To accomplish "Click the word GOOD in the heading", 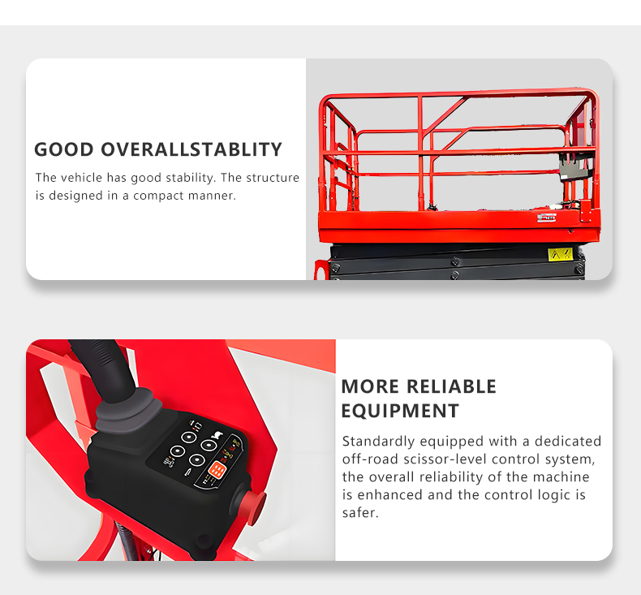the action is (x=64, y=149).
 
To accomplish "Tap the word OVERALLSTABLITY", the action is (x=191, y=149).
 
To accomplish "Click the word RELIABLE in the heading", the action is (x=451, y=386).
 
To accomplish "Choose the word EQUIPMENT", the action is (x=400, y=411).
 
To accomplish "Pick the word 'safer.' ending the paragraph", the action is (x=360, y=513).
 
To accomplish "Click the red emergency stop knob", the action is (x=253, y=507).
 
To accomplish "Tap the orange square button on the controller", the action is (x=217, y=470).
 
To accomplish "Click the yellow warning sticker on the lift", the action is (x=560, y=254).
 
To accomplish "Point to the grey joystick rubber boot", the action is (x=129, y=410).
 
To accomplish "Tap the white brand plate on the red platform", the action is (x=547, y=218).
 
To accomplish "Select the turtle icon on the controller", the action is (x=217, y=435).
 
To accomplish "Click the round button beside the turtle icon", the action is (x=209, y=445).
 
